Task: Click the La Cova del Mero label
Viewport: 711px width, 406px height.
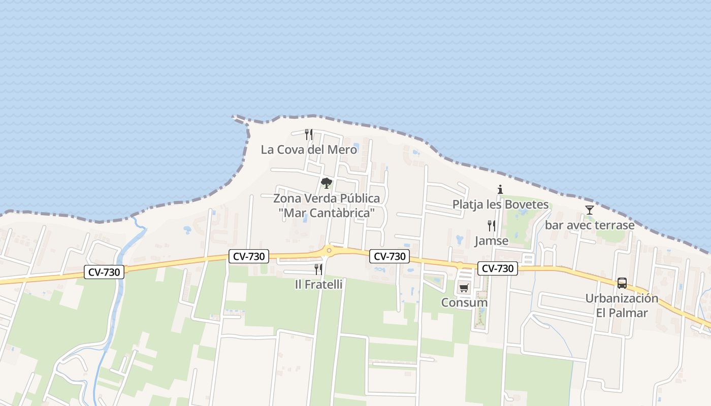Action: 309,150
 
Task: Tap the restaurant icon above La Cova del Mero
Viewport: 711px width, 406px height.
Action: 308,134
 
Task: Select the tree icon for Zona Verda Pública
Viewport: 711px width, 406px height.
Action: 327,183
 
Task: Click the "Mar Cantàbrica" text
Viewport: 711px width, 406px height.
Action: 327,213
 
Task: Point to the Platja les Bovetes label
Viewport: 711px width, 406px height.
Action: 501,205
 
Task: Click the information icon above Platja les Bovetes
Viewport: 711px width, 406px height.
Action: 500,190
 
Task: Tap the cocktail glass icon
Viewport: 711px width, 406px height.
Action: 589,210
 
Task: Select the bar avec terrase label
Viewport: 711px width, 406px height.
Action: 590,225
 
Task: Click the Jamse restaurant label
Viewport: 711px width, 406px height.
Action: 491,241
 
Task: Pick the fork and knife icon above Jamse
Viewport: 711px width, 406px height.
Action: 491,225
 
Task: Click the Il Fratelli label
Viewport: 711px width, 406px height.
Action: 318,284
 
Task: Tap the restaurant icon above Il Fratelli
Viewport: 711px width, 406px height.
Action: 318,269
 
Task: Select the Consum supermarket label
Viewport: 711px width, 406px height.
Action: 464,302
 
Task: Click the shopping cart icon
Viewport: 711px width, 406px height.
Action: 464,288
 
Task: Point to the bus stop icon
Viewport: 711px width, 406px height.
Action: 622,283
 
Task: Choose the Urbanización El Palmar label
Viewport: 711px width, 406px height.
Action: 622,305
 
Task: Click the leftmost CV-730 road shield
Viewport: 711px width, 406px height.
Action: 104,272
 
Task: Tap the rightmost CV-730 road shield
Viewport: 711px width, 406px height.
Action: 497,268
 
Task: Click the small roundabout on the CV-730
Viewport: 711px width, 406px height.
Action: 329,250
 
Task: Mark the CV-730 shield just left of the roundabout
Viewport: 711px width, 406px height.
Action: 248,256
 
